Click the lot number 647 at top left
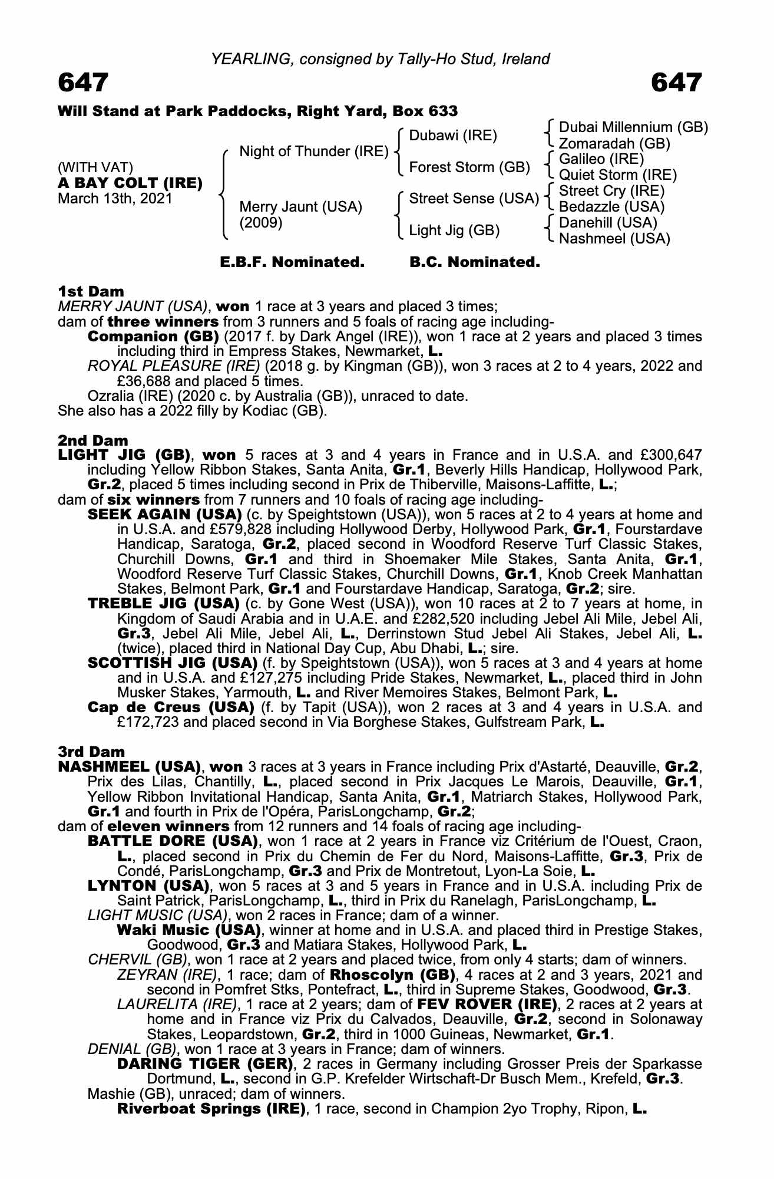(x=83, y=83)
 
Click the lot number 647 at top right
(x=677, y=83)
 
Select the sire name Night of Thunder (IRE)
(x=313, y=152)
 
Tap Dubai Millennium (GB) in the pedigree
(x=633, y=127)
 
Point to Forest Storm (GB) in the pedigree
(x=469, y=167)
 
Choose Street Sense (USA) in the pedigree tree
(x=474, y=199)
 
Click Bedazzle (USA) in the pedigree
(x=611, y=207)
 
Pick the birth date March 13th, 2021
(x=115, y=198)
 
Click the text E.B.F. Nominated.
(x=292, y=262)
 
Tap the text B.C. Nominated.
(x=475, y=262)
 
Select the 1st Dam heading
(x=91, y=291)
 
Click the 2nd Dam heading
(x=92, y=440)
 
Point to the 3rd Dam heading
(x=91, y=752)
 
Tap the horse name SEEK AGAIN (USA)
(x=164, y=514)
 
